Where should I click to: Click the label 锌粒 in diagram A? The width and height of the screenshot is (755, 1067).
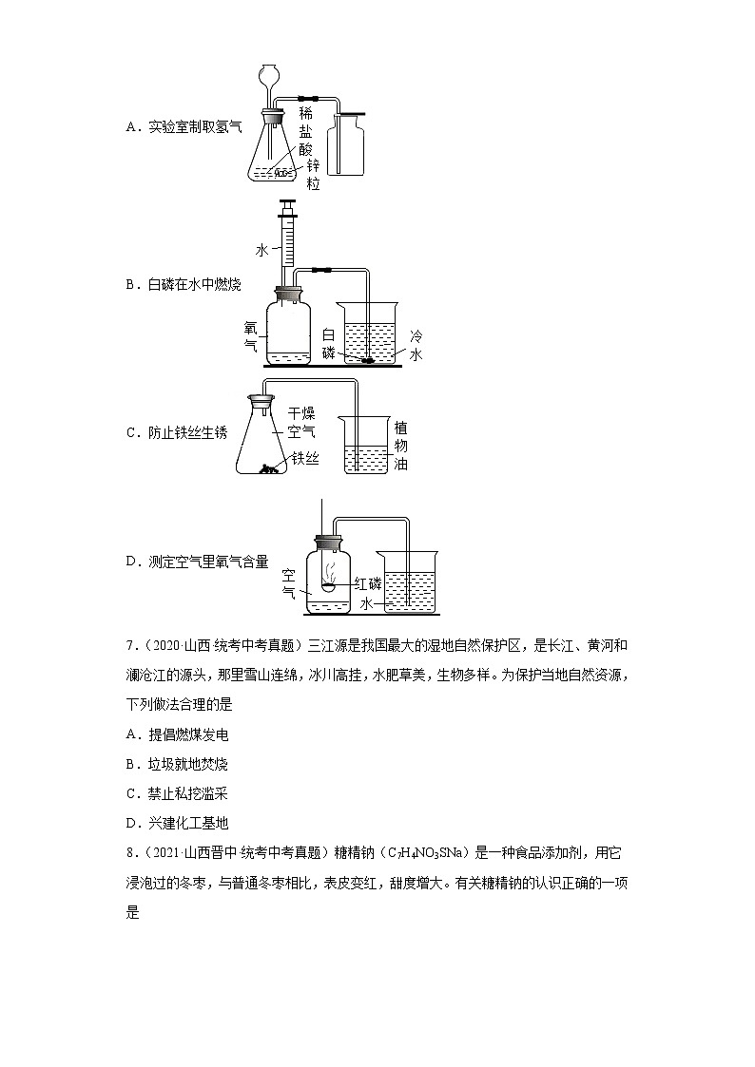(x=313, y=175)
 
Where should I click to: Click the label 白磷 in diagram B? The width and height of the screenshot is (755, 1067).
(x=328, y=343)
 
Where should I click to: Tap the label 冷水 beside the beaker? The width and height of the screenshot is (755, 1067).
(x=415, y=345)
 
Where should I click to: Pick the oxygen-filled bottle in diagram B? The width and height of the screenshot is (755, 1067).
(x=287, y=333)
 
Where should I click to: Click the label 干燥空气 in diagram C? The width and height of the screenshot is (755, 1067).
(x=301, y=422)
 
